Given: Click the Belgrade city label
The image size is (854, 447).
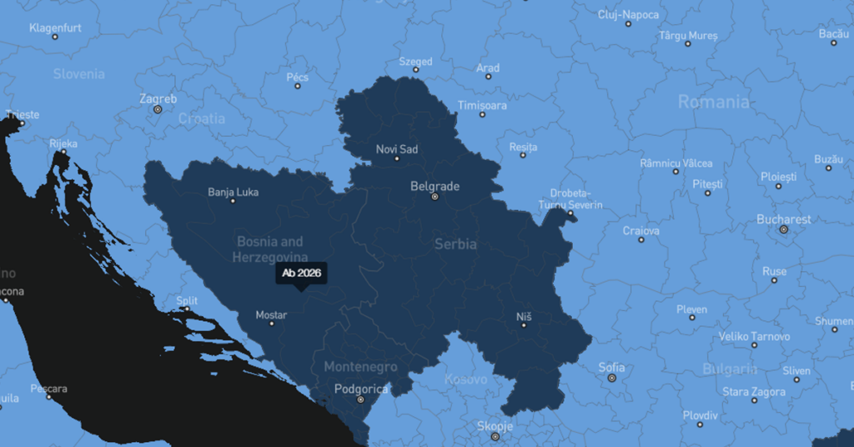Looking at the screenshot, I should tap(435, 186).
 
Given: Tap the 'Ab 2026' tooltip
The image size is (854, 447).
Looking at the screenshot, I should tap(302, 274).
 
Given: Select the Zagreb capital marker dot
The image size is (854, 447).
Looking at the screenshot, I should tap(158, 109).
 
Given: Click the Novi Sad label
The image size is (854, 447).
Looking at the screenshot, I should tap(397, 149).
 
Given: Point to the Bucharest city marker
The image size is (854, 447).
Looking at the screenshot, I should tap(783, 229).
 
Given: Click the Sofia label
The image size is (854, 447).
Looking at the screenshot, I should tap(611, 367).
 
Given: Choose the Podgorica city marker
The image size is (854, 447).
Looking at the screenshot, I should tap(360, 399).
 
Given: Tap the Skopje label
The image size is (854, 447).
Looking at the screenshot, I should tap(495, 425).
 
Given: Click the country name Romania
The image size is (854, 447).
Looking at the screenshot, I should tap(713, 102).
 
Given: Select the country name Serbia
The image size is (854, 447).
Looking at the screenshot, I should tap(455, 244).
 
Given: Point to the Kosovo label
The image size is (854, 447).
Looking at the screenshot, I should tap(465, 379).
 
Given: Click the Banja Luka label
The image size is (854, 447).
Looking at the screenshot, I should tap(233, 192).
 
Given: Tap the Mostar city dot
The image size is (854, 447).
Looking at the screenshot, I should tap(271, 324).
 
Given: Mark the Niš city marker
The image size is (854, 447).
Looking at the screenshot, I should tap(524, 325).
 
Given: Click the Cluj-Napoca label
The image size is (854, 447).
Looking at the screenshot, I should tap(628, 14).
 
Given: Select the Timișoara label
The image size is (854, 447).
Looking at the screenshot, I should tap(482, 105).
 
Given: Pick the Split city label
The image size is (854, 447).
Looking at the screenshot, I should tap(187, 300).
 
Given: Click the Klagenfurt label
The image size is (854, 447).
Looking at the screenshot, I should tap(55, 28).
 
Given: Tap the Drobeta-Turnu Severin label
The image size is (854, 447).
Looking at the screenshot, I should tap(570, 198).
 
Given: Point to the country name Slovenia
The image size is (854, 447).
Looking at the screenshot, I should tap(79, 73).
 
